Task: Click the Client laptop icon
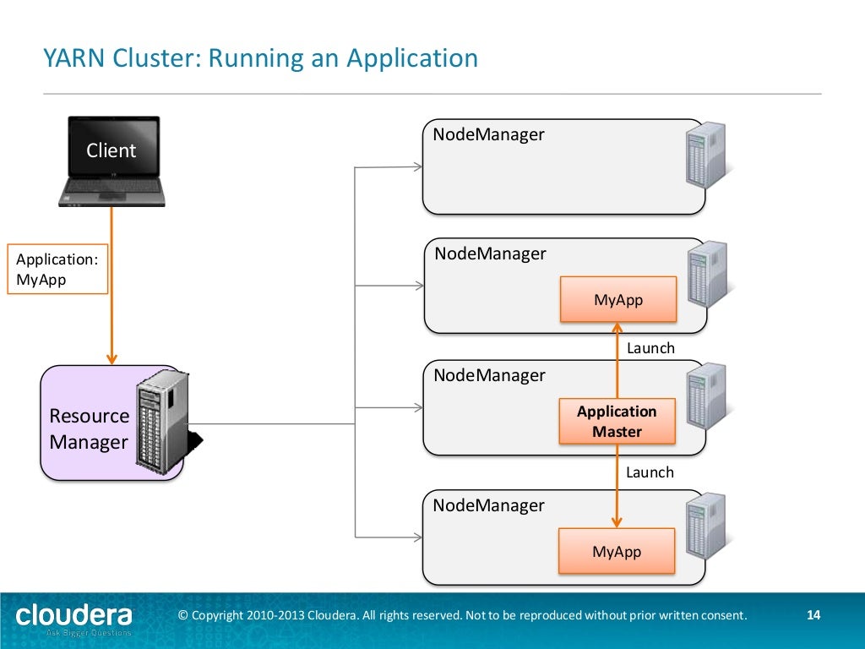coord(111,161)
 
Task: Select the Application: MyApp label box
coord(57,270)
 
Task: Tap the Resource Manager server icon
coord(162,421)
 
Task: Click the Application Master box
coord(617,422)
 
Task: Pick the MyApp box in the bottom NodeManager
coord(617,552)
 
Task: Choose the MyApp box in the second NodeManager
coord(618,300)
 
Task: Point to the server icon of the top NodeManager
coord(706,155)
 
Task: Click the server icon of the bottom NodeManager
coord(706,526)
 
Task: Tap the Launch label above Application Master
coord(650,348)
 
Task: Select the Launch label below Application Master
coord(650,472)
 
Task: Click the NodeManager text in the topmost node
coord(488,134)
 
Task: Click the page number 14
coord(813,615)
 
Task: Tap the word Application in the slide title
coord(412,59)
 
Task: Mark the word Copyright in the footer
coord(218,615)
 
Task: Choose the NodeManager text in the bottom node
coord(488,505)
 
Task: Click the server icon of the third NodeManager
coord(706,396)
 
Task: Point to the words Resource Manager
coord(89,428)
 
